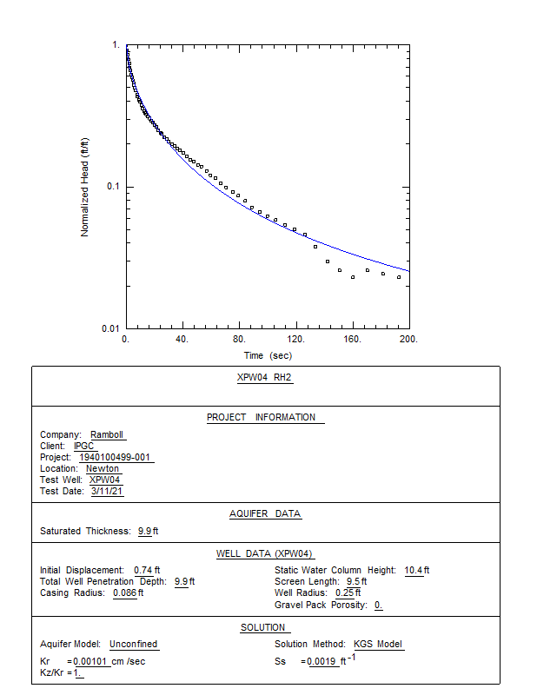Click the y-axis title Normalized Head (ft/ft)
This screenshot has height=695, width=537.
click(85, 187)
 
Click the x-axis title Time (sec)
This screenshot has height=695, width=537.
click(268, 356)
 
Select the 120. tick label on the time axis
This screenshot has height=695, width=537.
click(296, 340)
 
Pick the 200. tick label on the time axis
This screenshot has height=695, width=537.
click(409, 340)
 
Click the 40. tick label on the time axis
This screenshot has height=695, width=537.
click(183, 340)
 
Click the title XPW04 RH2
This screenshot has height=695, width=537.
click(265, 378)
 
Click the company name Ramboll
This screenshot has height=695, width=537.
click(108, 435)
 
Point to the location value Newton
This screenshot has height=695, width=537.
click(103, 469)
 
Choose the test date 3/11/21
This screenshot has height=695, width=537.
click(108, 492)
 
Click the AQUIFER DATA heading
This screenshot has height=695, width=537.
click(265, 513)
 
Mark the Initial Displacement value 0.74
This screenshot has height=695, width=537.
click(142, 571)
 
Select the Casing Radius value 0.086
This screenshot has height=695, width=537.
click(126, 593)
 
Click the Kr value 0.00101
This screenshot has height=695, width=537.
click(92, 662)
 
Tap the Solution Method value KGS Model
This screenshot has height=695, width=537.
click(378, 645)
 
